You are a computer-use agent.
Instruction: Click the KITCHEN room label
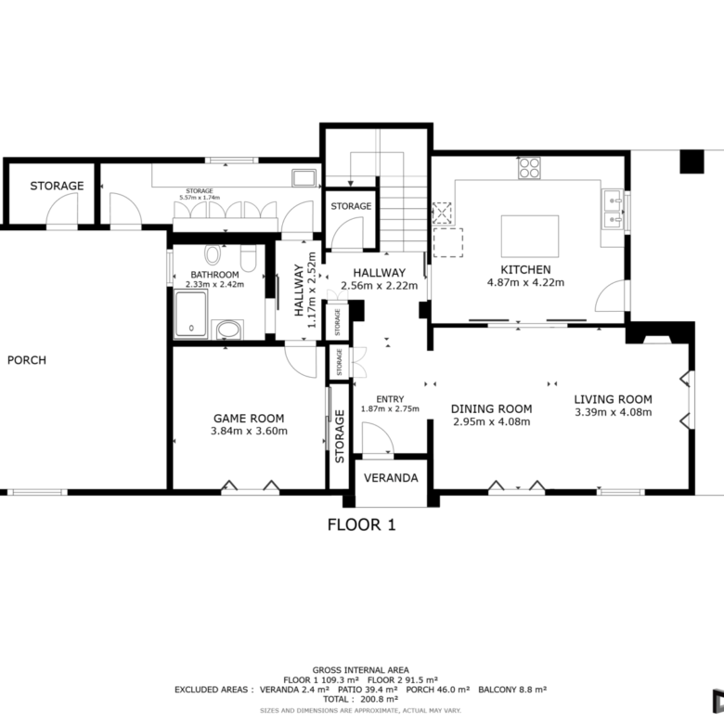pos(525,270)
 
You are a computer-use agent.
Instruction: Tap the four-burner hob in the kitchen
pos(529,168)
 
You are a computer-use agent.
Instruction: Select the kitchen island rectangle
pos(530,236)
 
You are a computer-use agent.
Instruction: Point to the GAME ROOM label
pos(249,419)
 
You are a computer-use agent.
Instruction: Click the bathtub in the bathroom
pos(191,314)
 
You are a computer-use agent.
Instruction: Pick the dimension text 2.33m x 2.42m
pos(214,284)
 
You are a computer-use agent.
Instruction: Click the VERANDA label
pos(391,478)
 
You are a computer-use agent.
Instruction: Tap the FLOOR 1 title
pos(362,524)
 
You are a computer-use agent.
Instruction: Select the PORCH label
pos(27,360)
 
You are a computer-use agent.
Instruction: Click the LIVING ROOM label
pos(614,399)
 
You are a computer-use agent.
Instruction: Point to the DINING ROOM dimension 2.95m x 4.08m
pos(491,421)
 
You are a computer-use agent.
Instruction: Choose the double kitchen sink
pos(613,209)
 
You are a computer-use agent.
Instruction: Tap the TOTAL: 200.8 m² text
pos(361,699)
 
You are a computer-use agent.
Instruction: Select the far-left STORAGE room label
pos(57,186)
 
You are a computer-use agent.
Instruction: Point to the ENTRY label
pos(390,399)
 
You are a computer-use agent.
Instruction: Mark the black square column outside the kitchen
pos(692,162)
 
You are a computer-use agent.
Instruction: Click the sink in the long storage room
pos(304,178)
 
